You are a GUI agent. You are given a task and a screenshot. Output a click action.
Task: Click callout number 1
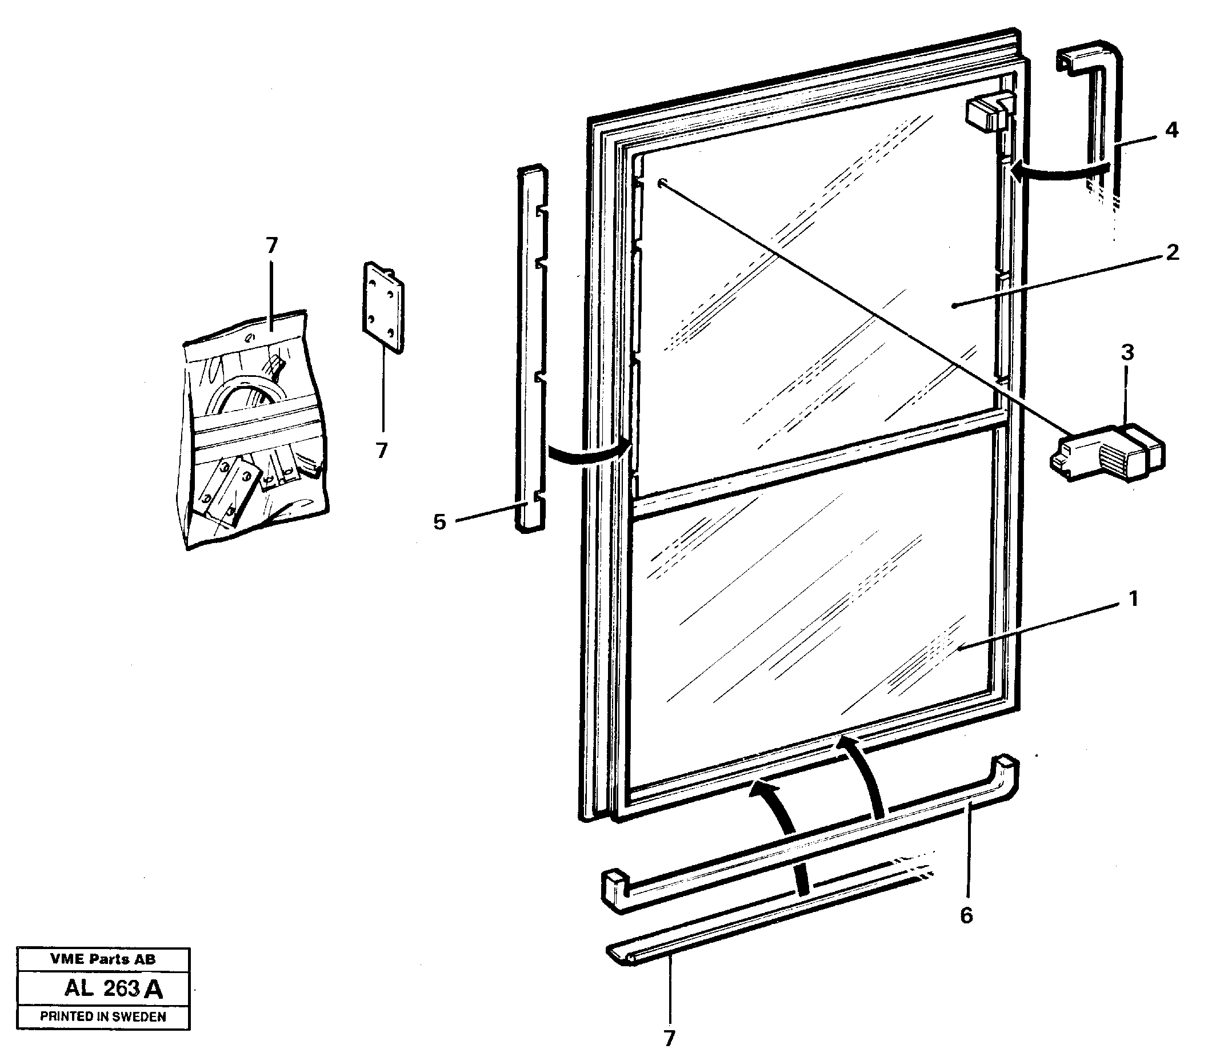tap(1133, 599)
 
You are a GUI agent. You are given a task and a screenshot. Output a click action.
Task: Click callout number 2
tap(1172, 252)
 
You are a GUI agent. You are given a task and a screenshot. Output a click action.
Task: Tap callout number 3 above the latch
tap(1127, 353)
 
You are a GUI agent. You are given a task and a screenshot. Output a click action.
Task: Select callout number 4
tap(1171, 130)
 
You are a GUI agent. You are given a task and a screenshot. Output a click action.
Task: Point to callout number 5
tap(439, 523)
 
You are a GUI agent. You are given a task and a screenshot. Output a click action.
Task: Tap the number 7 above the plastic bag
tap(271, 245)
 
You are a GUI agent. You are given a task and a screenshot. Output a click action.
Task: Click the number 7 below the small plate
tap(382, 451)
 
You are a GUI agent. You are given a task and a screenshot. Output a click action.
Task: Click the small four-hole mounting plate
tap(383, 307)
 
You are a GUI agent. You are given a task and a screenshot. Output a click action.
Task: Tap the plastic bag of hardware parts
tap(254, 431)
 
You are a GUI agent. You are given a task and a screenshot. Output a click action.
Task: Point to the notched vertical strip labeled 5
tap(531, 348)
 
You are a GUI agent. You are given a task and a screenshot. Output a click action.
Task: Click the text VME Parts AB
tap(103, 959)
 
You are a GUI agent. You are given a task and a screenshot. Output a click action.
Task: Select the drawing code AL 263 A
tap(113, 988)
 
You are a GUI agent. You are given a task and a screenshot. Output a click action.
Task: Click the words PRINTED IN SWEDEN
tap(103, 1016)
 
